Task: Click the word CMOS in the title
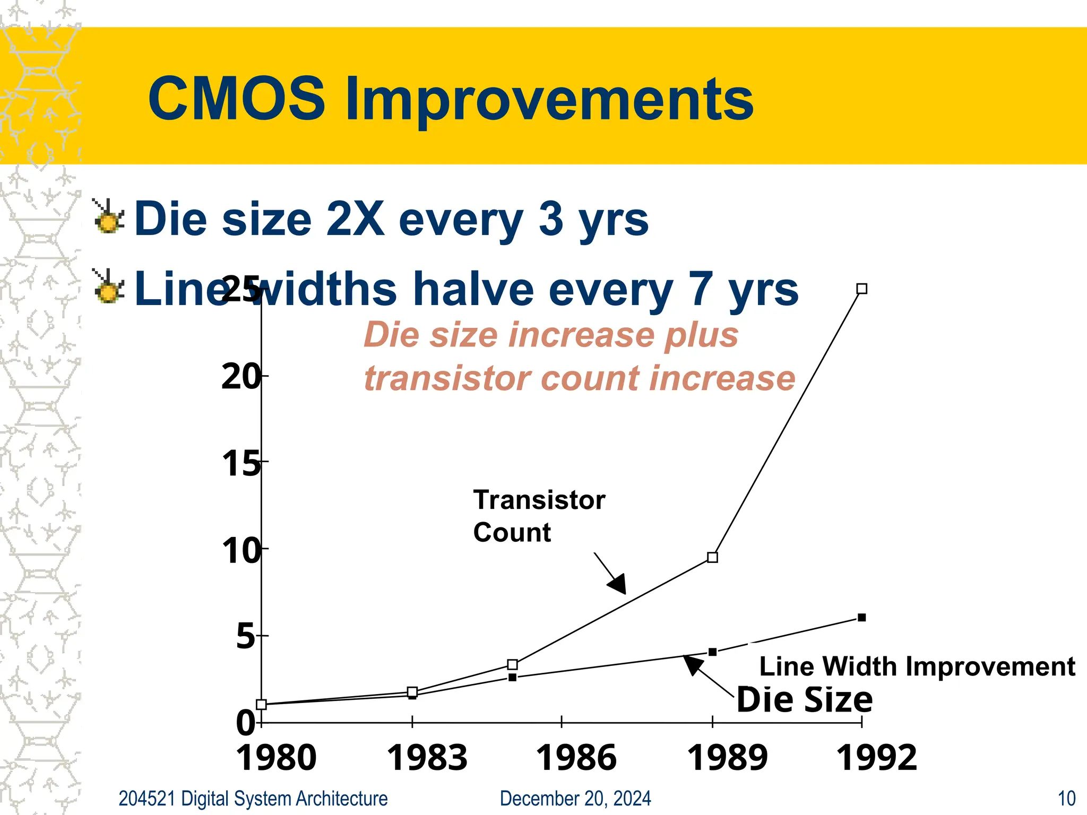click(x=236, y=99)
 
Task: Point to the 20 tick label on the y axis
click(x=241, y=377)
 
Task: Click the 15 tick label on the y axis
click(x=241, y=464)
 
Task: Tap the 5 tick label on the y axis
click(x=246, y=636)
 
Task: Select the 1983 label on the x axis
click(x=427, y=758)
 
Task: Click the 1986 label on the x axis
click(x=576, y=758)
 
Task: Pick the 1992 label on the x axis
click(x=876, y=758)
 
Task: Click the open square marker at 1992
click(x=862, y=289)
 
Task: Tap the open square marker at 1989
click(x=713, y=557)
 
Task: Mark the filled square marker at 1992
click(x=862, y=618)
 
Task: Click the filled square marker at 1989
click(x=713, y=652)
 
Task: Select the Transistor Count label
click(x=538, y=516)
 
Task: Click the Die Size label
click(x=804, y=699)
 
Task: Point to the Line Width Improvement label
click(x=917, y=666)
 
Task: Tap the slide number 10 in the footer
click(x=1066, y=799)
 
